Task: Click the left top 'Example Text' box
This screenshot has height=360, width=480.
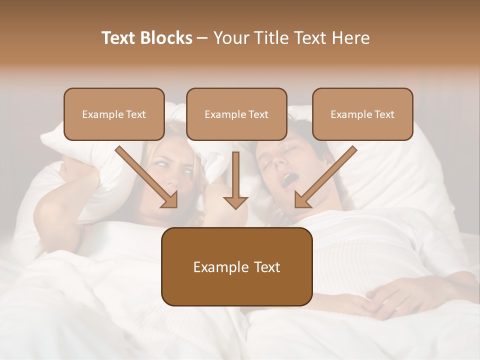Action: (x=114, y=114)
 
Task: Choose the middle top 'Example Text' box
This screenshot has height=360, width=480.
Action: (x=236, y=114)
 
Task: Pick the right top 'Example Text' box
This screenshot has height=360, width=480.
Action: (x=362, y=114)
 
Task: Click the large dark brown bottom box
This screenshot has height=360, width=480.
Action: (x=236, y=266)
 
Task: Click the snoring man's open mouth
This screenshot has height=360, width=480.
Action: (x=288, y=180)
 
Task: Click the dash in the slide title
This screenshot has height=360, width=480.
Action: (x=203, y=38)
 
